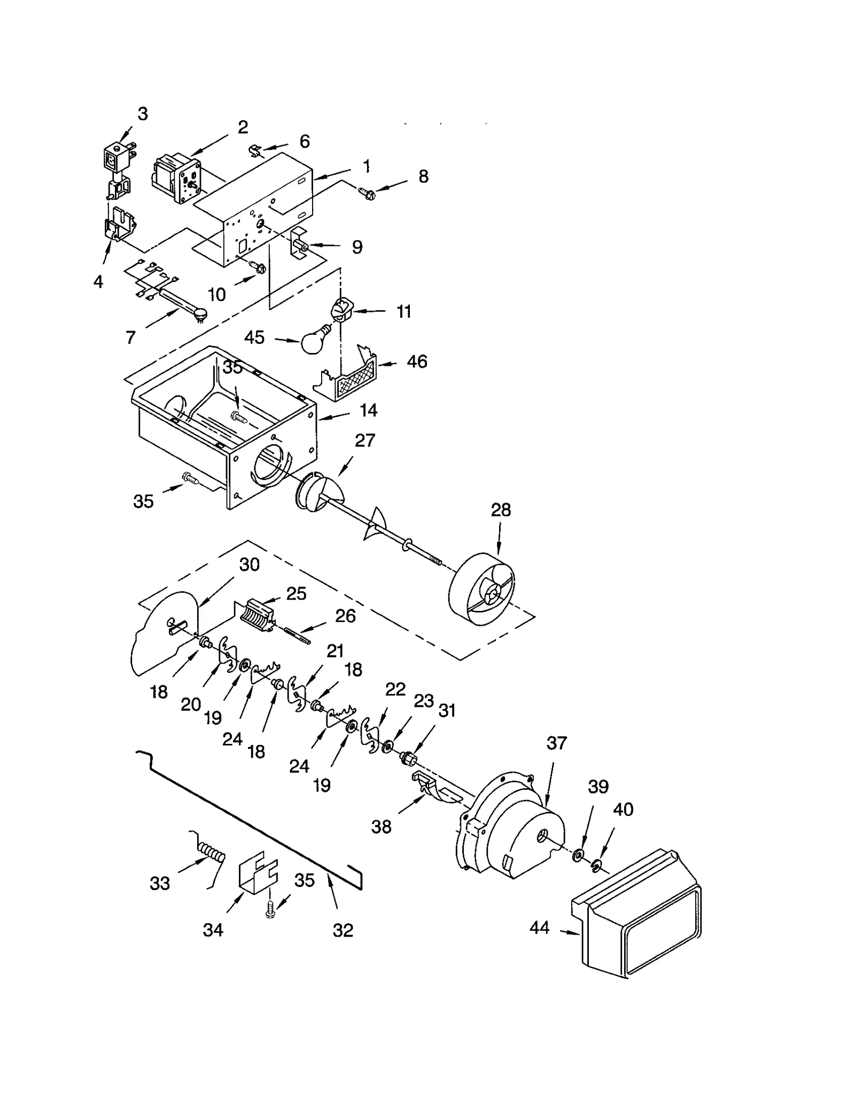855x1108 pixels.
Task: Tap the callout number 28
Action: (x=500, y=510)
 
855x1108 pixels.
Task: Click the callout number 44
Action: (x=539, y=928)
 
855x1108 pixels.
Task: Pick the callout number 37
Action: (x=556, y=743)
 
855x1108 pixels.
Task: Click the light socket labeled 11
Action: (x=340, y=310)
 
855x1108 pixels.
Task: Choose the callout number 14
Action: (x=368, y=410)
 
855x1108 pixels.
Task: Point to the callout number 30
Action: (x=249, y=564)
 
